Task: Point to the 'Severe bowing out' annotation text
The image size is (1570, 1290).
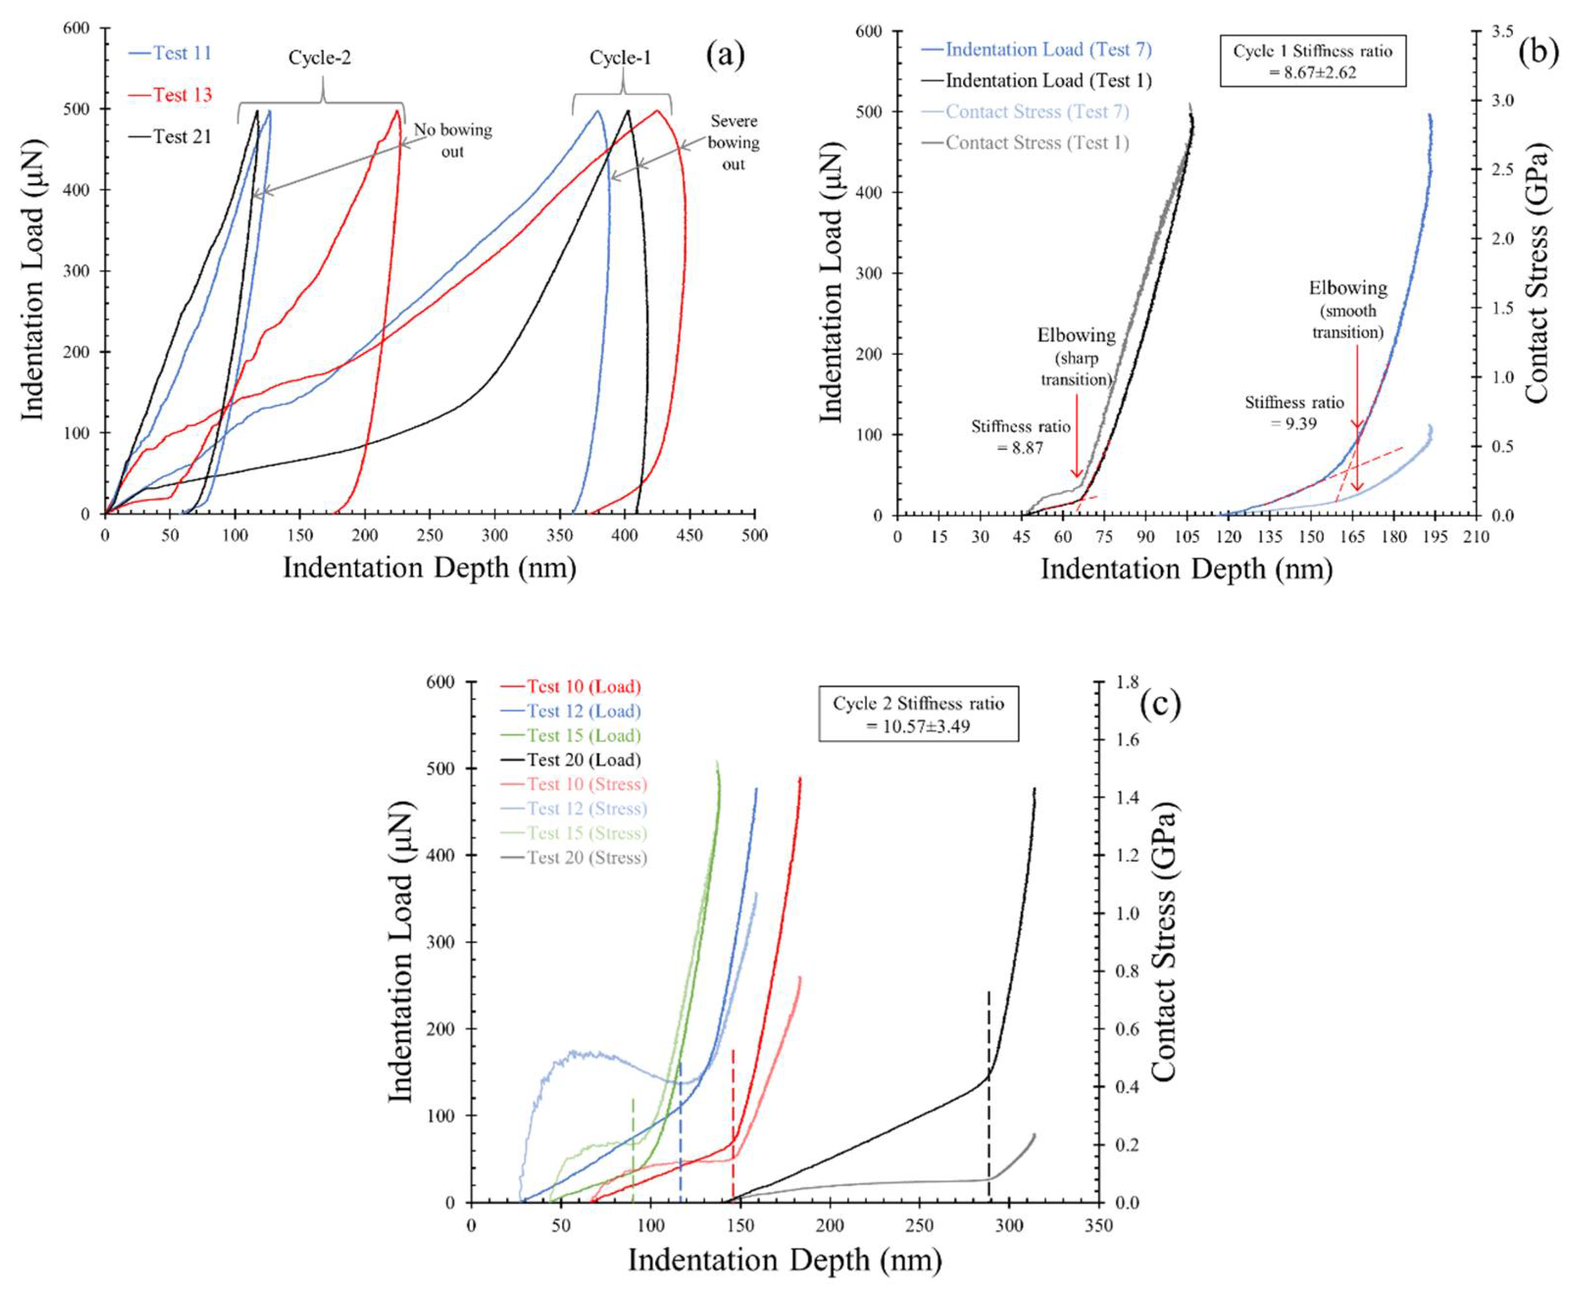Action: tap(733, 142)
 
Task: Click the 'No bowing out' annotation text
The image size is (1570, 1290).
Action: tap(452, 141)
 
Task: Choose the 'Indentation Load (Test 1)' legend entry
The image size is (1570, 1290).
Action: tap(1037, 80)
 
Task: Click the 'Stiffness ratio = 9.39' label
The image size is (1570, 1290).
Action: tap(1295, 412)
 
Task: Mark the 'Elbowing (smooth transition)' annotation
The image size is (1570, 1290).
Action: tap(1348, 310)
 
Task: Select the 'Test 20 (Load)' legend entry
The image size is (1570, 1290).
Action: tap(571, 759)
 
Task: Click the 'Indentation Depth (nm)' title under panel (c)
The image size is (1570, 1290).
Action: tap(785, 1260)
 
